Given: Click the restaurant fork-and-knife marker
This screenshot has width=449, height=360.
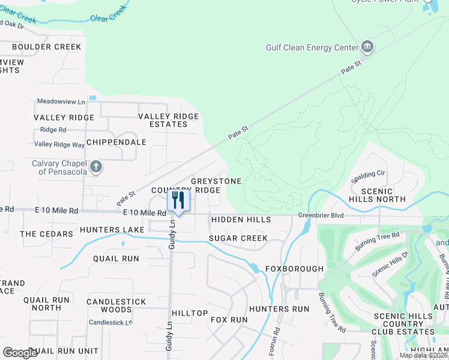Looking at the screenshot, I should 178,201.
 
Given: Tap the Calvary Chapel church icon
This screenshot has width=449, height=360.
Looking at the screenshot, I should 96,166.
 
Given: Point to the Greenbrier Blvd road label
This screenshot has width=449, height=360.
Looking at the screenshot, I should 322,215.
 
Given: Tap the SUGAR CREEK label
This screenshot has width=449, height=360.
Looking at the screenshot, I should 238,238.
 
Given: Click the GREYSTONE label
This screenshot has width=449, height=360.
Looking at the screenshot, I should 216,181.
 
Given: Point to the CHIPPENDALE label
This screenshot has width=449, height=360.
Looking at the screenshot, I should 116,142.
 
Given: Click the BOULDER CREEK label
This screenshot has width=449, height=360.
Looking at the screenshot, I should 46,47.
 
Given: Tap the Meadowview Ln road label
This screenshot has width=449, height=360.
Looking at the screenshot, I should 61,101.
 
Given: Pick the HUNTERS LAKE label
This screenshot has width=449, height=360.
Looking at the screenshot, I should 112,230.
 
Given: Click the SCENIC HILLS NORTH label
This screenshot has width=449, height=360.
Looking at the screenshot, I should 382,194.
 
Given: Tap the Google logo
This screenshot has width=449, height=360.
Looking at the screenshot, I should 20,353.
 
